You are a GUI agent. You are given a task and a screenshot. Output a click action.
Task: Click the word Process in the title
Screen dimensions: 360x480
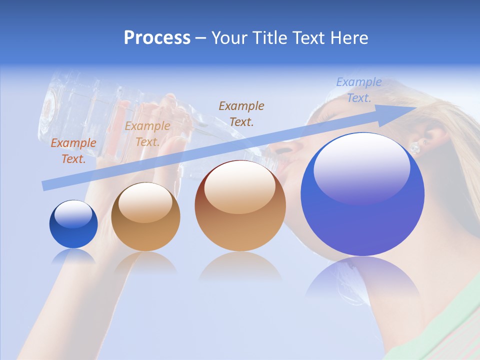point(157,38)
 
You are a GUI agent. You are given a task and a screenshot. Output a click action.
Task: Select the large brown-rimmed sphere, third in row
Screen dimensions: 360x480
point(240,205)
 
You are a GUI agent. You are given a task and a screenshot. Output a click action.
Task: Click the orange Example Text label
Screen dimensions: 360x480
point(73,151)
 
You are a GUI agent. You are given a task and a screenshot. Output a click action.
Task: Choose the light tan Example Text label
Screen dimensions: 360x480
point(147,134)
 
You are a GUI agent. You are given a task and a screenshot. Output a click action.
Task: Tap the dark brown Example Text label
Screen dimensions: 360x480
point(241,113)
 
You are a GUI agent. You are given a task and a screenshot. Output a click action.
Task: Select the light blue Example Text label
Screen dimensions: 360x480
point(358,90)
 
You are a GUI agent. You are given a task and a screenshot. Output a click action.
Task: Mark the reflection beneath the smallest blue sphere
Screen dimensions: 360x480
point(73,256)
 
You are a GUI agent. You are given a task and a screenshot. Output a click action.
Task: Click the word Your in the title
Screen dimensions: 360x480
point(229,38)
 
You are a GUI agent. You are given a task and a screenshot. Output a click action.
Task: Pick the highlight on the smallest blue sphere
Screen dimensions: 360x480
point(73,214)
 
